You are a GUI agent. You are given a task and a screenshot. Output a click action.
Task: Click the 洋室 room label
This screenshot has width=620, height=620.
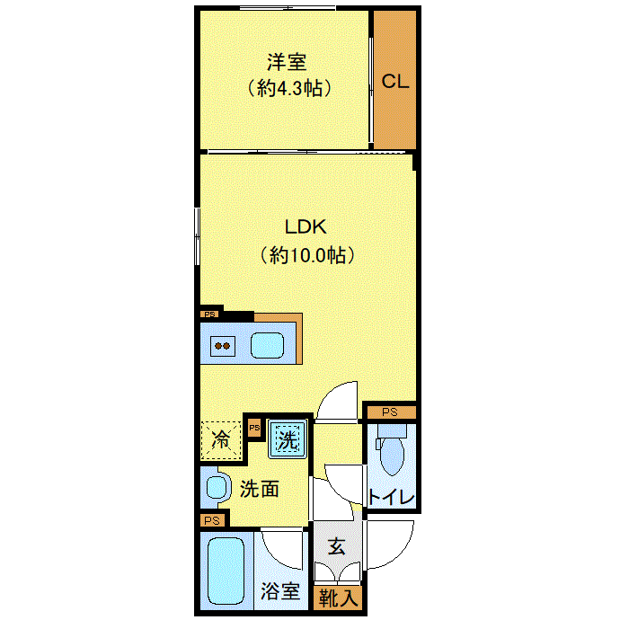tap(287, 62)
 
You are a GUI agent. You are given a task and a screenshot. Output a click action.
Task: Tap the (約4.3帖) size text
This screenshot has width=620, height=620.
tap(287, 88)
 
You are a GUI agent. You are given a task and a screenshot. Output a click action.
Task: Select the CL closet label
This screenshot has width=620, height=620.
tap(395, 81)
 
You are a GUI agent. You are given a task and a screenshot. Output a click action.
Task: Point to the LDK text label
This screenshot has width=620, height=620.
tap(305, 227)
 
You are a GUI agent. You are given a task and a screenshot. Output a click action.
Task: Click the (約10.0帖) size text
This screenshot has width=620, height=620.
tap(306, 255)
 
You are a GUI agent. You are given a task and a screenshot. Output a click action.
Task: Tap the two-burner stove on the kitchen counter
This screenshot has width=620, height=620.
tap(222, 345)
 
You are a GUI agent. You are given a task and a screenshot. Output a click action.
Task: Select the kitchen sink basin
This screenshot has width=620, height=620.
tap(267, 345)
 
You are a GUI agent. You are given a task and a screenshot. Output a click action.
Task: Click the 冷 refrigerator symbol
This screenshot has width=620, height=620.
tap(220, 440)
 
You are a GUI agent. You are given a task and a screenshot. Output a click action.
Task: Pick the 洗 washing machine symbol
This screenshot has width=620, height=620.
tap(287, 440)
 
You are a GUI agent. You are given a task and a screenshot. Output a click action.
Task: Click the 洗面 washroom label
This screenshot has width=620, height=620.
tap(260, 489)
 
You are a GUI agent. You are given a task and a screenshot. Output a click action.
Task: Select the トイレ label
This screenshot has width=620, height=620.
tap(391, 497)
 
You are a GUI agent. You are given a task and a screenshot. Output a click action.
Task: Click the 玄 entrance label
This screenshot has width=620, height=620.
tap(336, 545)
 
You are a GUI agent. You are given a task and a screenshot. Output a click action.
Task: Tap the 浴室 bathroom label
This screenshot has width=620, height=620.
tap(279, 591)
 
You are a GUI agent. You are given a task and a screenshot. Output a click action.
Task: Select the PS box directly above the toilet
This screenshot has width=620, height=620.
tap(389, 412)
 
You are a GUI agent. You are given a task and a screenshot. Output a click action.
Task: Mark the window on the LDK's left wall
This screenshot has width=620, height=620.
tap(197, 235)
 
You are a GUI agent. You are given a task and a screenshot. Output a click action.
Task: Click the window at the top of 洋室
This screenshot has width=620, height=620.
tap(288, 9)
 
